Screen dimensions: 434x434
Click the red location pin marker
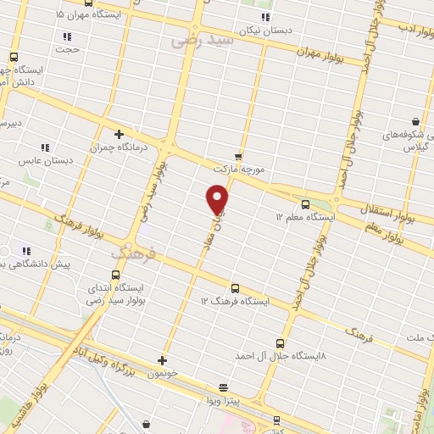pos(218,198)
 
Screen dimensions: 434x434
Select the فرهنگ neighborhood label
pos(134,253)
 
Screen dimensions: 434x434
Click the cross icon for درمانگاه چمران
pos(119,134)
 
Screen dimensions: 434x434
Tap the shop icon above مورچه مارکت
pos(238,156)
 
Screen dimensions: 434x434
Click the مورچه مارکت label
pos(241,170)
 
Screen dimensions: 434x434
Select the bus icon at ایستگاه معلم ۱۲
pos(305,204)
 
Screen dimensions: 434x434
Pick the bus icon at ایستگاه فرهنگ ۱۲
pos(235,288)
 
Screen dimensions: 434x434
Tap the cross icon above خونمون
pos(162,360)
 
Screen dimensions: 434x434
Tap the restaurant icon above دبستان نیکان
pos(265,17)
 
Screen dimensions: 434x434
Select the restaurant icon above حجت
pos(67,36)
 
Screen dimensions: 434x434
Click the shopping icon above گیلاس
pos(415,122)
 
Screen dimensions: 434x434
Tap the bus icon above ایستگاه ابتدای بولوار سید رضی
pos(115,274)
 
